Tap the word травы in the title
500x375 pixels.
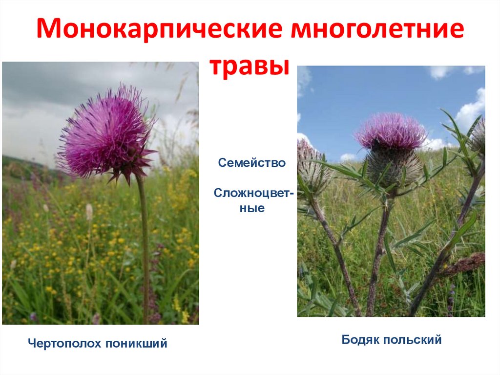coord(250,66)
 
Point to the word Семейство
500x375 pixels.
coord(252,163)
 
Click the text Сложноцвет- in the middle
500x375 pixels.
coord(254,194)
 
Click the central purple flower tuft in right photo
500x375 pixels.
coord(391,131)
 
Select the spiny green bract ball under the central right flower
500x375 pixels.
coord(394,166)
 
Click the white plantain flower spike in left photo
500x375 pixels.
coord(89,212)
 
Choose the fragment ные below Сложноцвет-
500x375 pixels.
coord(253,208)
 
